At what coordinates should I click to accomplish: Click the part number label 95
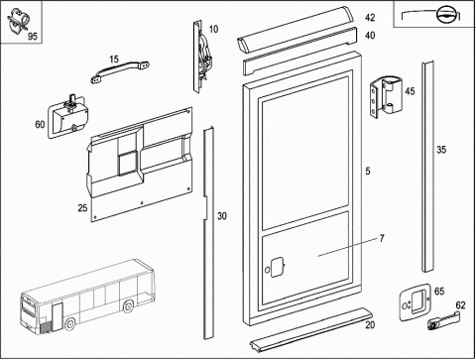tap(33, 36)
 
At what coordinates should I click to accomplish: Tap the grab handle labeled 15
tap(120, 70)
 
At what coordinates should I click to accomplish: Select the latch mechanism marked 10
tap(201, 57)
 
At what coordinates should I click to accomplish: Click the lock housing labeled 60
tap(68, 116)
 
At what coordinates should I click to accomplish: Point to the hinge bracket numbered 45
tap(387, 97)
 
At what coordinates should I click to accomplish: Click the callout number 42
tap(370, 17)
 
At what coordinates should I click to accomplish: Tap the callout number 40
tap(370, 35)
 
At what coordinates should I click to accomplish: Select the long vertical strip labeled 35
tap(427, 167)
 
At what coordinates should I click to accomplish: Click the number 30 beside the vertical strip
tap(222, 216)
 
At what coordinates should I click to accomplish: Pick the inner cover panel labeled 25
tap(140, 165)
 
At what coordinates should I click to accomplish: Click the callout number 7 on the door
tap(382, 238)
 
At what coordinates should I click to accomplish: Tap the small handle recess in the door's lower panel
tap(277, 267)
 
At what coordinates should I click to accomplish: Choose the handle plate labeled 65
tap(415, 302)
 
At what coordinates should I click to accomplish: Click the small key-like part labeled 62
tap(442, 321)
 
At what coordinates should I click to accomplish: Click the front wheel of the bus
tap(69, 324)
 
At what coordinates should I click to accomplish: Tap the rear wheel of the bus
tap(128, 306)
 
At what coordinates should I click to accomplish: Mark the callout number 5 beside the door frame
tap(368, 171)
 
